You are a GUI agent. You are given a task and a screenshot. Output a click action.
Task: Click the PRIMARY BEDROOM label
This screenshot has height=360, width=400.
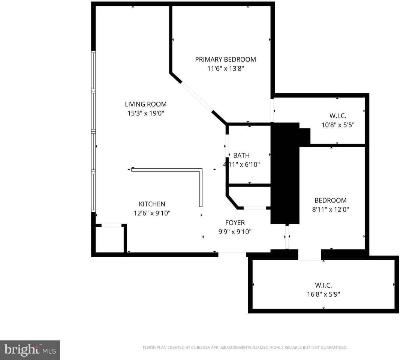[x=225, y=59]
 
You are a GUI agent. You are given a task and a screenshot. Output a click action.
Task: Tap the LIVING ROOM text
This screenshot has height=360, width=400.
[x=145, y=104]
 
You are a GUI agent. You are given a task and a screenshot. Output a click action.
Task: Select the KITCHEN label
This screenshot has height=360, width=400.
[x=152, y=204]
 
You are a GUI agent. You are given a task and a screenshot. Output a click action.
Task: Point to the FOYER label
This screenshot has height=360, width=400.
[x=235, y=222]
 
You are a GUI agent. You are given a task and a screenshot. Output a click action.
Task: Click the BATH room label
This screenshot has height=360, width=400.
[x=241, y=155]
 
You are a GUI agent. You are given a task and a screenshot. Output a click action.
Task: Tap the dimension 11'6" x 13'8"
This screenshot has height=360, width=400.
[x=225, y=69]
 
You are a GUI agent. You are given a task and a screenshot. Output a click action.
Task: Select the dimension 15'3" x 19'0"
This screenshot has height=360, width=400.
[x=145, y=113]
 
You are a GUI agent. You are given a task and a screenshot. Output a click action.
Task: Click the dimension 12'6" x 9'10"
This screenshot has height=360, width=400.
[x=152, y=213]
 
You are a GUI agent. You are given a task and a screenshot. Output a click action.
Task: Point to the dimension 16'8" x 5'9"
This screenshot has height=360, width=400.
[x=323, y=294]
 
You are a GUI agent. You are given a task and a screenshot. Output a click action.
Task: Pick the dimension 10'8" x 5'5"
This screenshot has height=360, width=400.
[x=338, y=125]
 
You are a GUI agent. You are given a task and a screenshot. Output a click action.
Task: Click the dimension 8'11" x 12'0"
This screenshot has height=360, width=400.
[x=330, y=210]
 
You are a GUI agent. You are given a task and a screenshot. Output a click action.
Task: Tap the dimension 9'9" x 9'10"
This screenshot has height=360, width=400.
[x=235, y=232]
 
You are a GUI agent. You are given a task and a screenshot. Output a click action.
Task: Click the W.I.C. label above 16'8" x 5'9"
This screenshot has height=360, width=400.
[x=323, y=285]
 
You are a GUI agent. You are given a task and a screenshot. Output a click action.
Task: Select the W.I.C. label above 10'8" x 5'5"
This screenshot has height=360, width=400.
[x=338, y=116]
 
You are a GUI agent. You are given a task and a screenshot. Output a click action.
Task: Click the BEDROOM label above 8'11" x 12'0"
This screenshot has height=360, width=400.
[x=330, y=200]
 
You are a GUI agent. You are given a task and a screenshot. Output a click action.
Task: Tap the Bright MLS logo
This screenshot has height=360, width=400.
[x=30, y=350]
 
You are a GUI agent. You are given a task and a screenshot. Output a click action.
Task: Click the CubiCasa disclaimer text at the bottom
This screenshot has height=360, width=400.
[x=245, y=348]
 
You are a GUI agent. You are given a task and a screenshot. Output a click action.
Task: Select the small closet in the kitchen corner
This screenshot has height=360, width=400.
[x=109, y=239]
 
